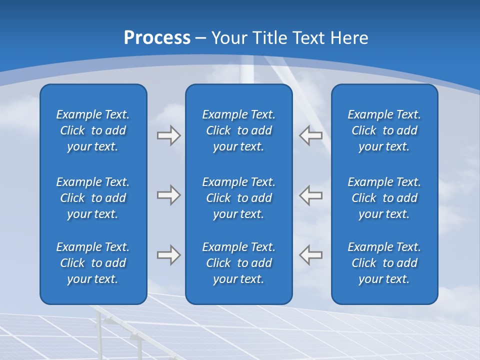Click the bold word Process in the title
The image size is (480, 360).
coord(157,38)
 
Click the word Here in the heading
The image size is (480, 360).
coord(349,38)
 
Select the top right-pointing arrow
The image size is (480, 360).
coord(168,135)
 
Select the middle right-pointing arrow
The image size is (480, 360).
coord(168,195)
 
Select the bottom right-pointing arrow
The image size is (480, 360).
coord(168,255)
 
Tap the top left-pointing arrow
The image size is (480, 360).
coord(311,135)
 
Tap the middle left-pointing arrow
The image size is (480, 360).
coord(311,195)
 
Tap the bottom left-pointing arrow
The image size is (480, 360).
coord(311,255)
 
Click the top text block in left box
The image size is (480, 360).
coord(93,130)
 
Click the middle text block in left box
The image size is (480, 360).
coord(93,198)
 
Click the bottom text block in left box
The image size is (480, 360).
coord(93,263)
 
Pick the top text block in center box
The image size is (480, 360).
coord(239,130)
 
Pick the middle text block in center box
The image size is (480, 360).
coord(239,198)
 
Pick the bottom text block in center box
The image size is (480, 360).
coord(239,263)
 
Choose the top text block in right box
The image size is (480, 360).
coord(384,130)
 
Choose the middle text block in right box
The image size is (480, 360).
coord(384,198)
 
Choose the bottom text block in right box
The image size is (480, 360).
coord(384,263)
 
